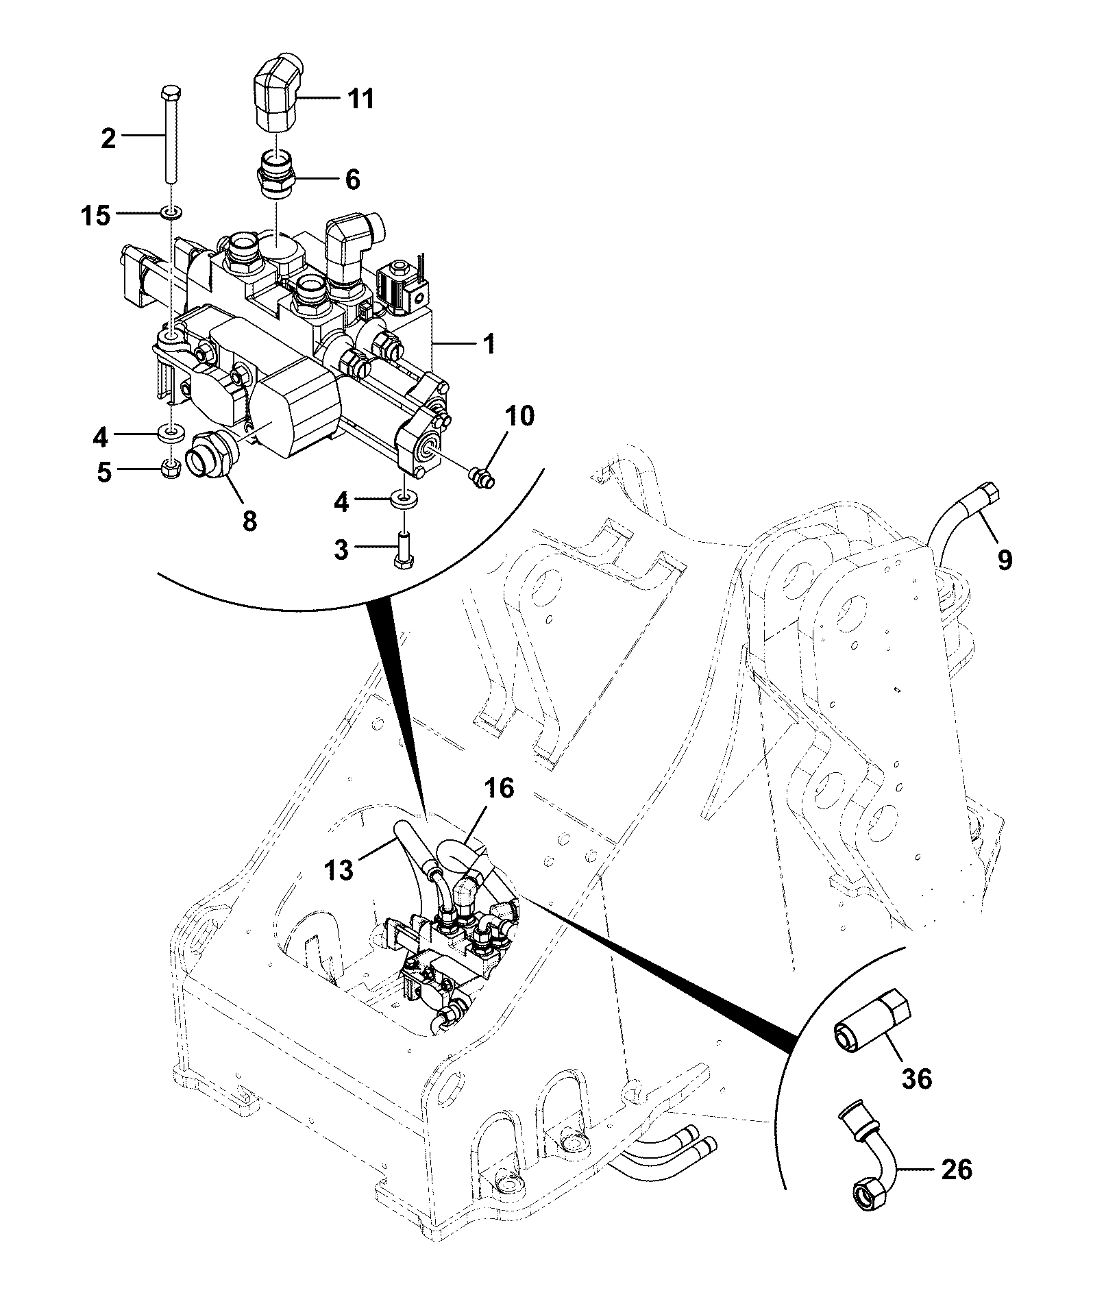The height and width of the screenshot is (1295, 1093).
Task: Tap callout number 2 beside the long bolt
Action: click(109, 139)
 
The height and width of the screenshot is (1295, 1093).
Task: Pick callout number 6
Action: click(353, 180)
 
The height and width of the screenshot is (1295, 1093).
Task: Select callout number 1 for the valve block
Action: click(489, 343)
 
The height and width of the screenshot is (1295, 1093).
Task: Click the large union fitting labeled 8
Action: click(213, 452)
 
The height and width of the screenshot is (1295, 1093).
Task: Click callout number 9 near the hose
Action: click(1004, 560)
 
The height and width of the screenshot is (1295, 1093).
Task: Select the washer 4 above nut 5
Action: click(171, 432)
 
